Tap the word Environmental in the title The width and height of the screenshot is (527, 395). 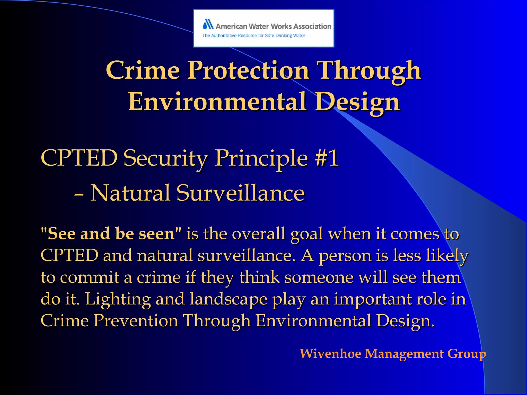[x=217, y=102]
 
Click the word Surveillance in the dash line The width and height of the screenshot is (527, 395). [x=240, y=193]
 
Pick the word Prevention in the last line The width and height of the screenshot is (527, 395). [x=136, y=321]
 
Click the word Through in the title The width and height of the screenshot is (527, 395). [x=369, y=71]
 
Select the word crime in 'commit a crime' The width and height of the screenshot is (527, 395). [x=159, y=277]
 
